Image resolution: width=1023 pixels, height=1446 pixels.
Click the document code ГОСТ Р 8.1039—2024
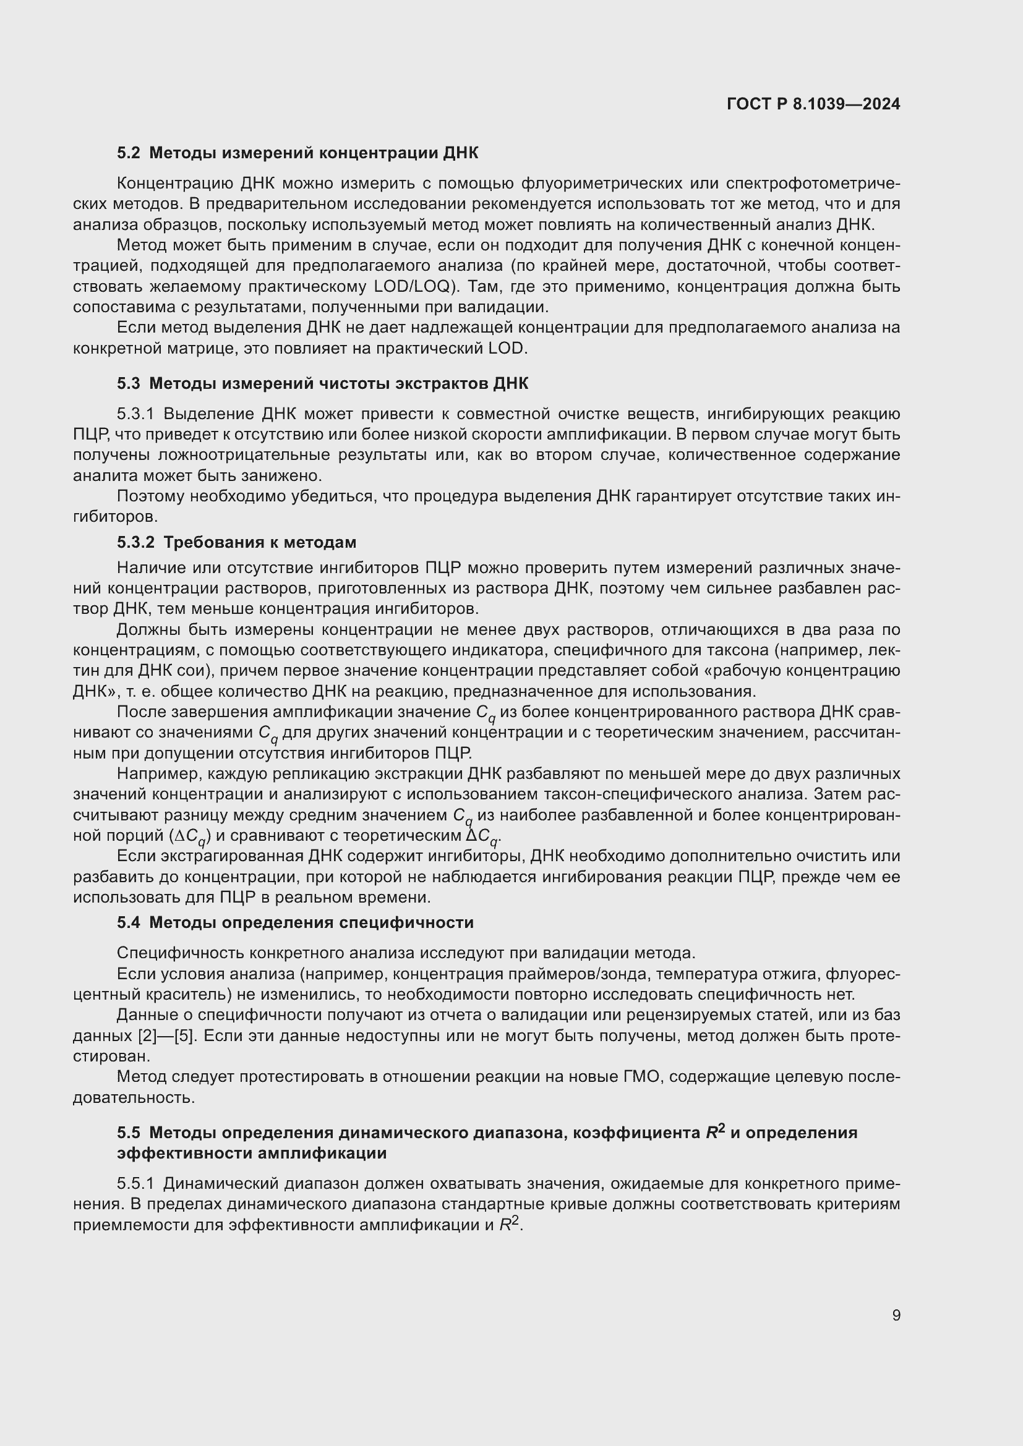coord(813,104)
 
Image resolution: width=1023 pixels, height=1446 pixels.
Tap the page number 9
coord(896,1315)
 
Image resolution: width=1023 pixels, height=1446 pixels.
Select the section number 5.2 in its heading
coord(129,153)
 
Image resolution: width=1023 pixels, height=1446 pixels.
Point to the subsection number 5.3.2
coord(135,542)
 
